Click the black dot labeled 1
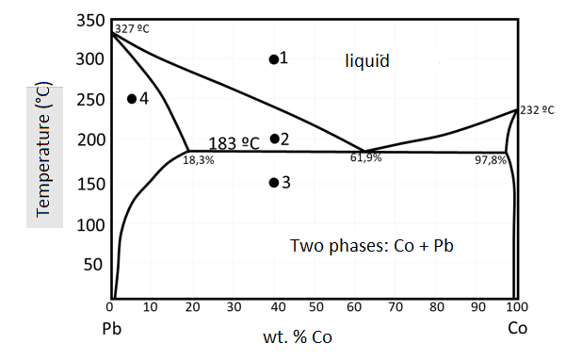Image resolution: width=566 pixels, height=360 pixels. (274, 59)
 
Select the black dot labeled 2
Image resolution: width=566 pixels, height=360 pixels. (274, 139)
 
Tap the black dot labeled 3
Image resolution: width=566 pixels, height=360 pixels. (274, 182)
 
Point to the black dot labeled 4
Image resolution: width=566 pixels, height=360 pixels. (132, 99)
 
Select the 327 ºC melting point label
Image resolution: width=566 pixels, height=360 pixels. (132, 28)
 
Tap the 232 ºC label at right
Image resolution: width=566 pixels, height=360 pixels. (538, 109)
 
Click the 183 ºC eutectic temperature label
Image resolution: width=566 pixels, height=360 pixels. (234, 143)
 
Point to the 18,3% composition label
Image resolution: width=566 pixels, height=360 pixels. (199, 161)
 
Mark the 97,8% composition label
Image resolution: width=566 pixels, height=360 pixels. (491, 160)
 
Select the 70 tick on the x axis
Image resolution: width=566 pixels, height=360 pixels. (395, 309)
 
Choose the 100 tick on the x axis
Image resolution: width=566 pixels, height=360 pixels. (513, 309)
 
